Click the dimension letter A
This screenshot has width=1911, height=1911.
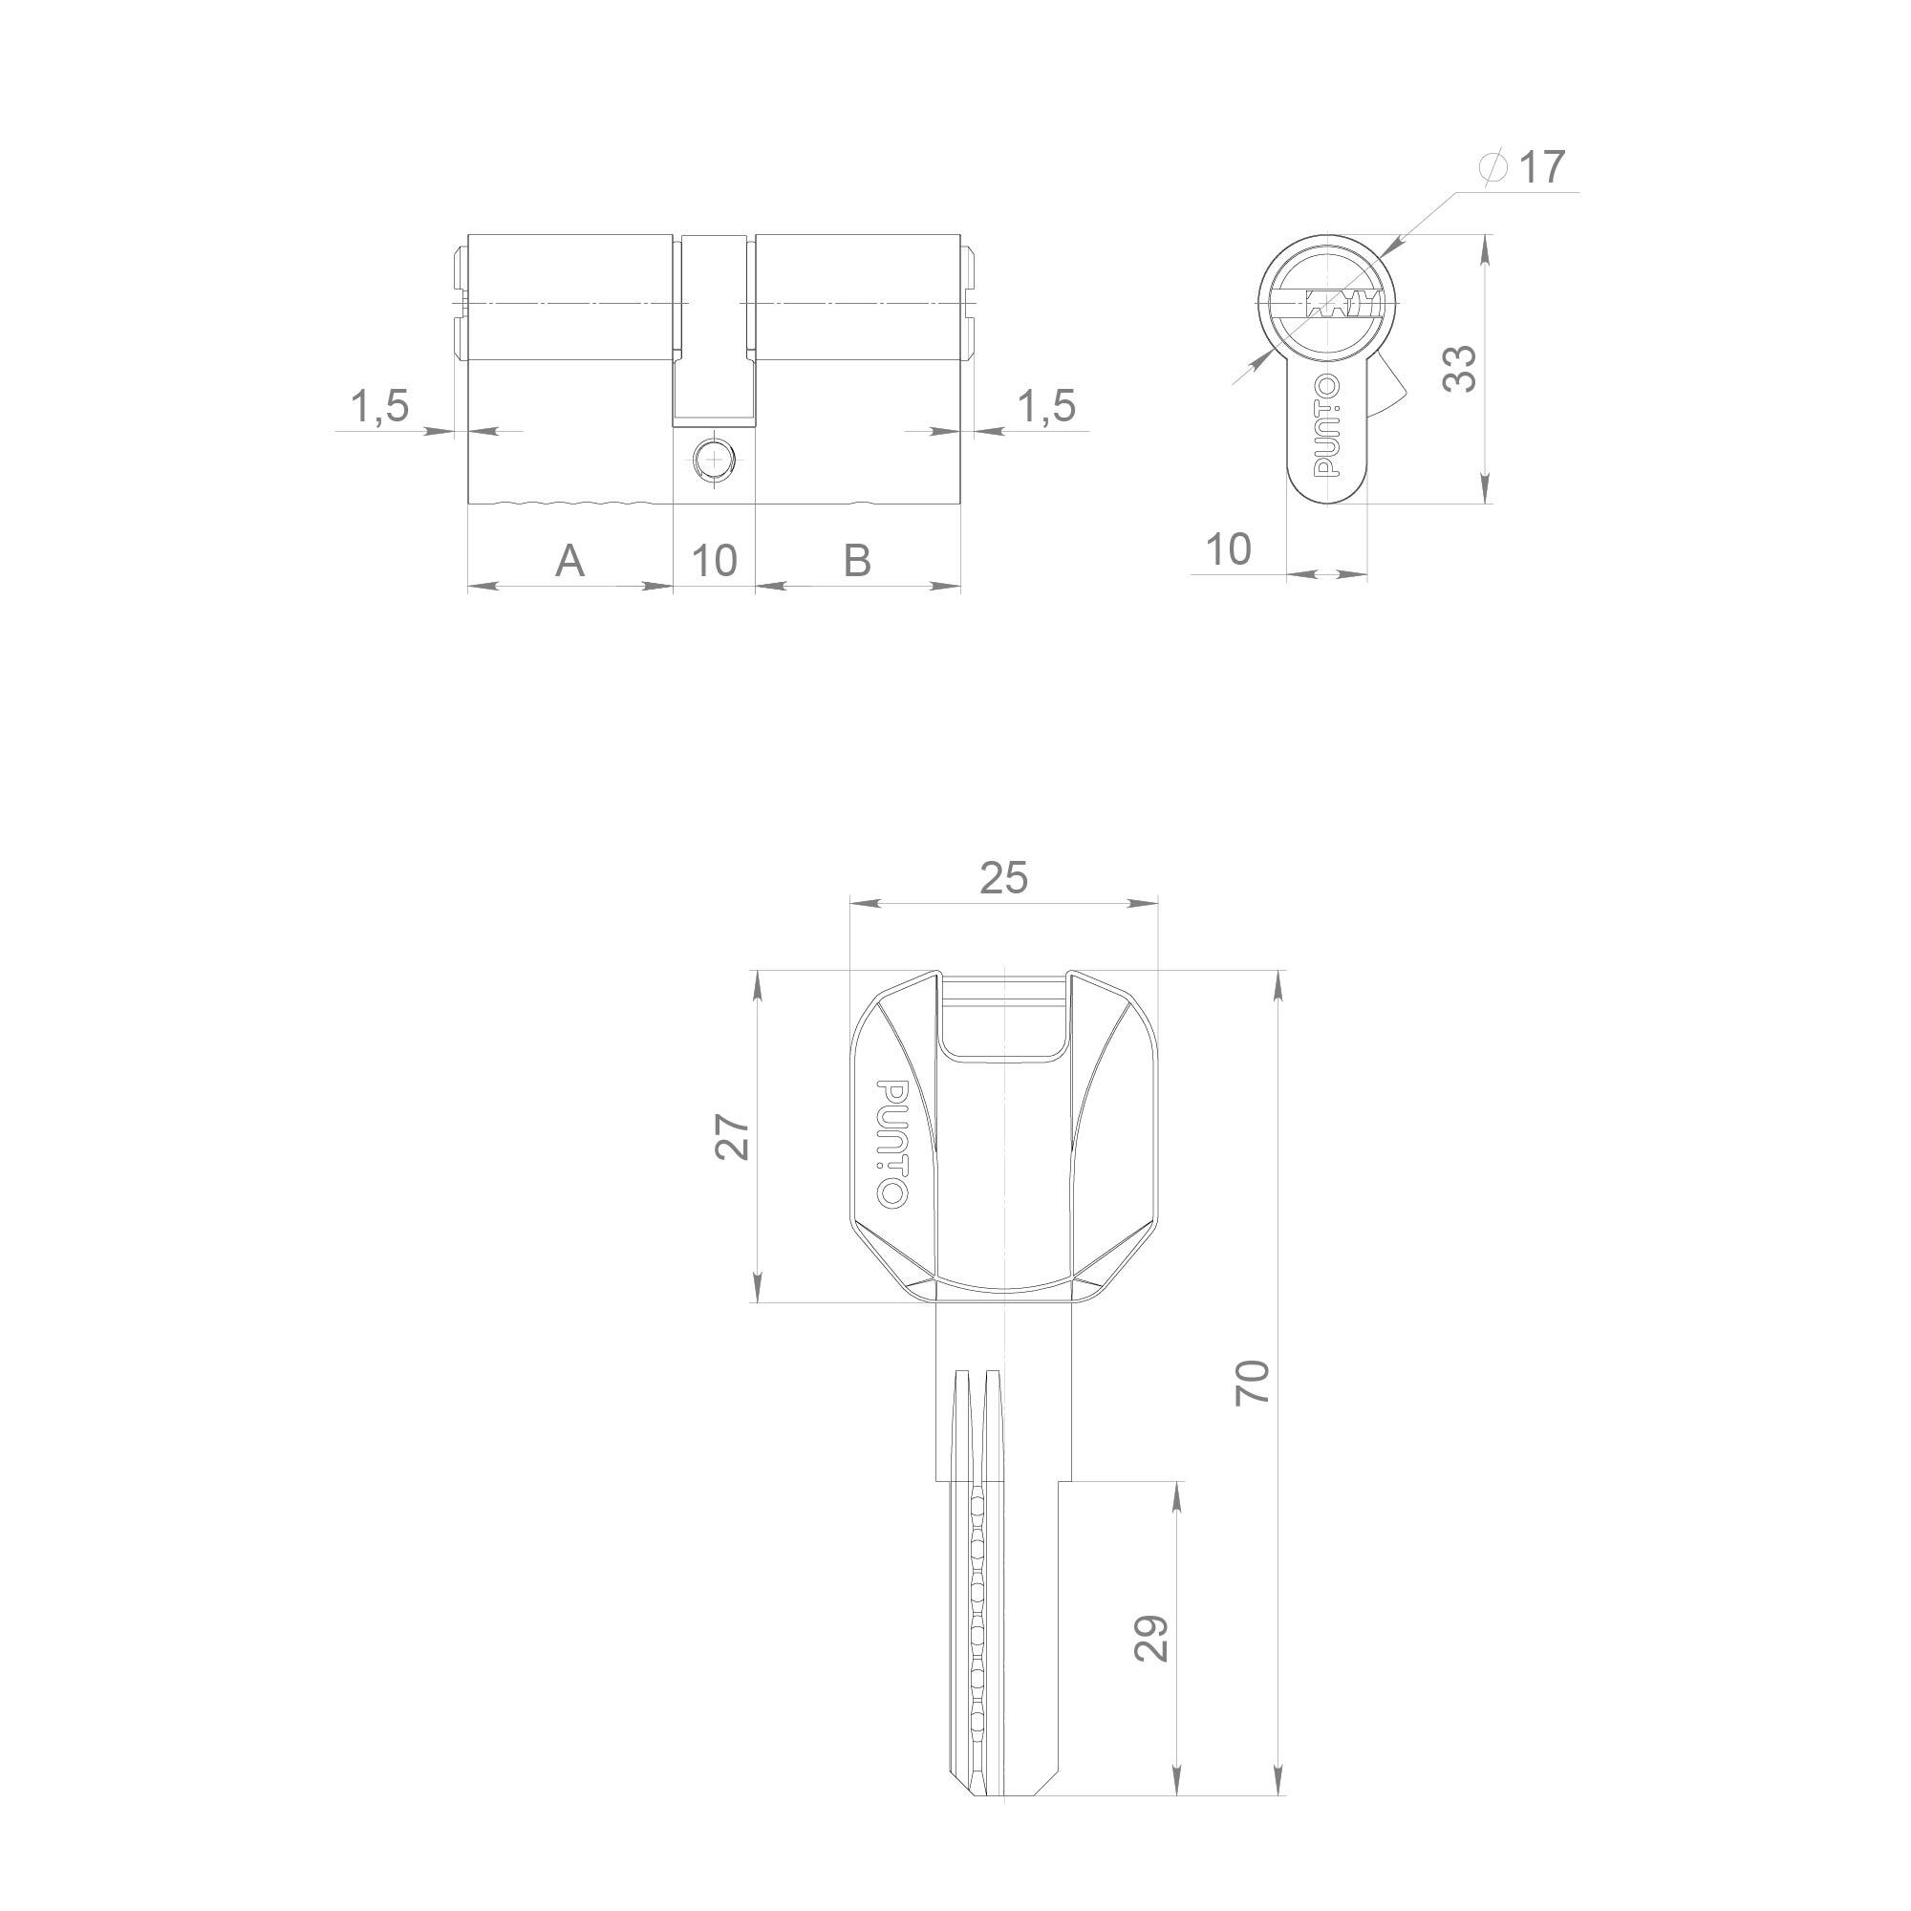tap(570, 561)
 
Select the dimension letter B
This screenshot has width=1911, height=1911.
tap(858, 561)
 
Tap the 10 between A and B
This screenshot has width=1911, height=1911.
tap(714, 561)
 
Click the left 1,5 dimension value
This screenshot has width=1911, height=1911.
tap(380, 406)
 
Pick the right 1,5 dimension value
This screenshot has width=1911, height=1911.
tap(1046, 406)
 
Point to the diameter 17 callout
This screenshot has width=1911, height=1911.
tap(1523, 167)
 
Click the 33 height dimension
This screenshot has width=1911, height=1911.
tap(1460, 368)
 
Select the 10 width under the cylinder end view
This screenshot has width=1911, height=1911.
tap(1230, 550)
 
